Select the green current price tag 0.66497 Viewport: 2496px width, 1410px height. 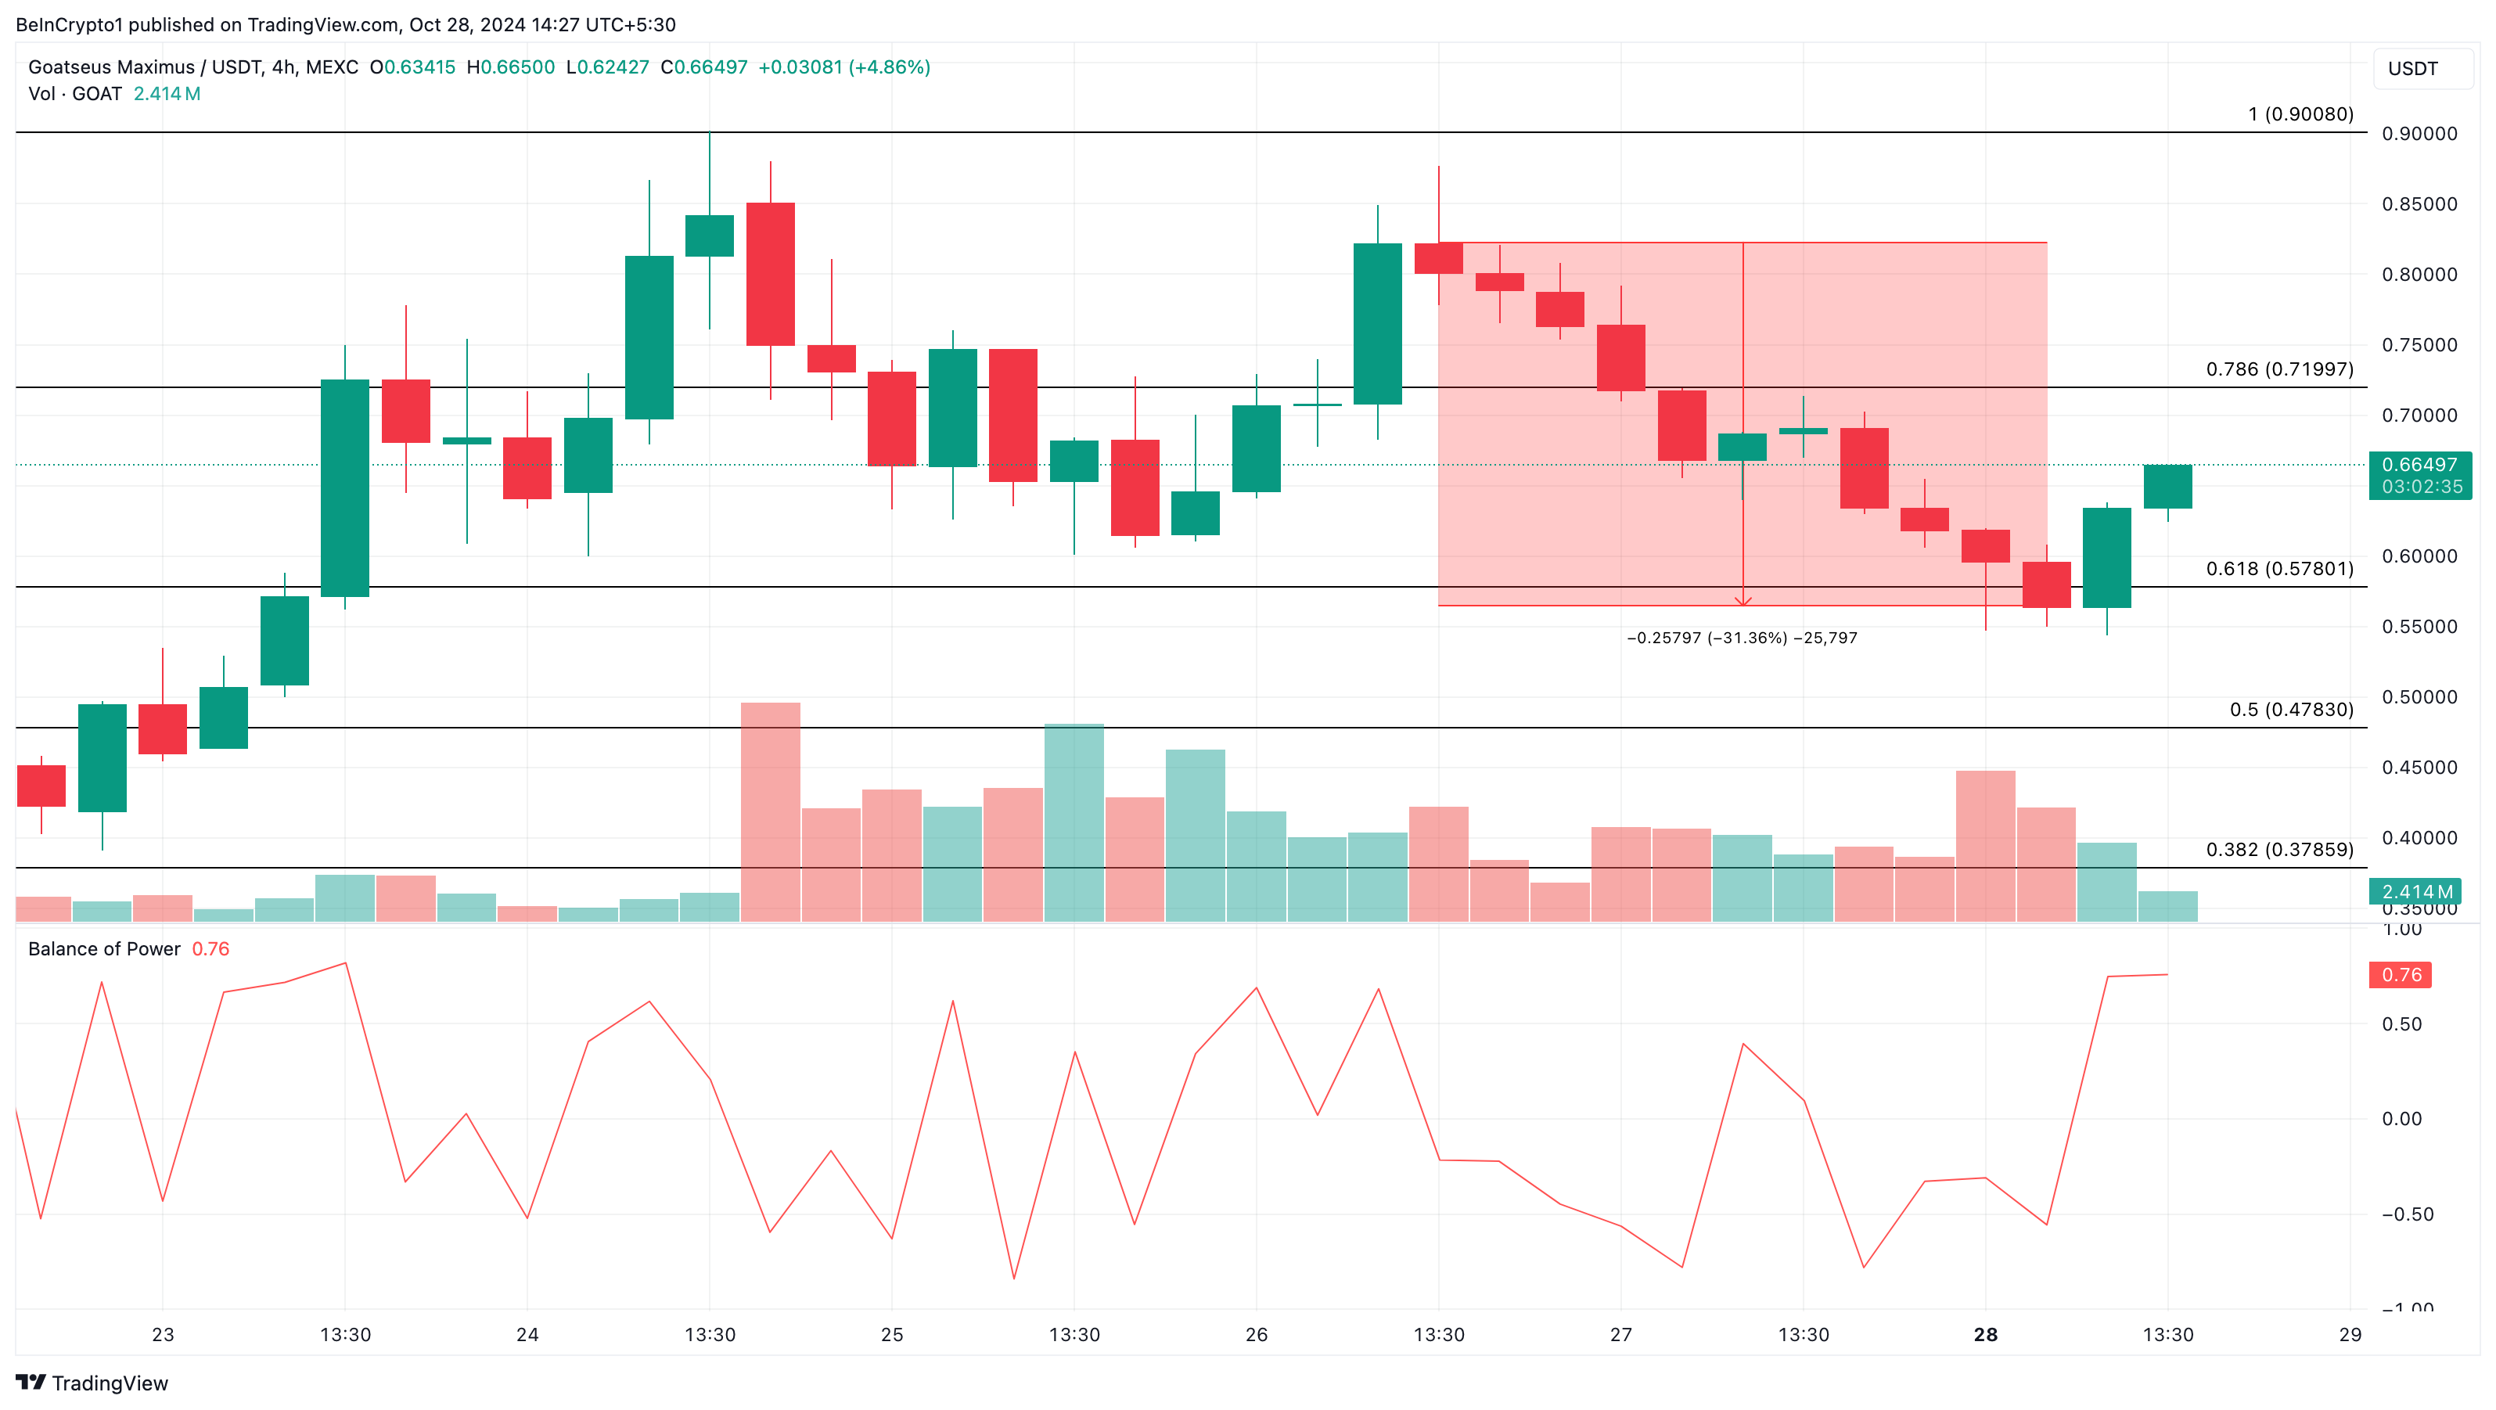(2420, 465)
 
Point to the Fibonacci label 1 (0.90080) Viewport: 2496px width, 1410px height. (2300, 114)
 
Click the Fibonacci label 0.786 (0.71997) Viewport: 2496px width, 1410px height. (2279, 369)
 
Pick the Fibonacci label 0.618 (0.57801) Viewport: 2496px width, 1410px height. (2279, 569)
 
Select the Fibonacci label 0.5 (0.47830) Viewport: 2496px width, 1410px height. (2290, 710)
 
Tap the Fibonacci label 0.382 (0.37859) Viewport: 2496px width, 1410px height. (2279, 850)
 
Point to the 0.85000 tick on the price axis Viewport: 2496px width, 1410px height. (2419, 204)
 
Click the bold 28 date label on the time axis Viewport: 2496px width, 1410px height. (1985, 1334)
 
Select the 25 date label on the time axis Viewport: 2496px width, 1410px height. (891, 1334)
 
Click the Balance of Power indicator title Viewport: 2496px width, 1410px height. (105, 948)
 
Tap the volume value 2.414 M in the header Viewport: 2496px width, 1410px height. (167, 94)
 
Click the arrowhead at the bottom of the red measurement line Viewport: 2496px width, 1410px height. (1743, 602)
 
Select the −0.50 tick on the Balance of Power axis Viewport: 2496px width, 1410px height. (2407, 1214)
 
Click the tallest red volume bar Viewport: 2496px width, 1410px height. (770, 811)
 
